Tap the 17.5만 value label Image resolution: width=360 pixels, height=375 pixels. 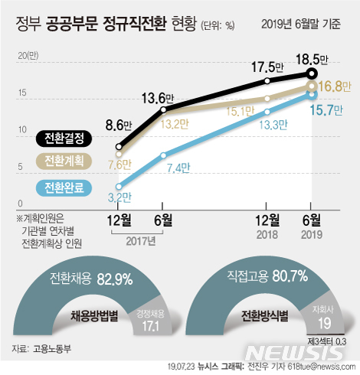point(269,67)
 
